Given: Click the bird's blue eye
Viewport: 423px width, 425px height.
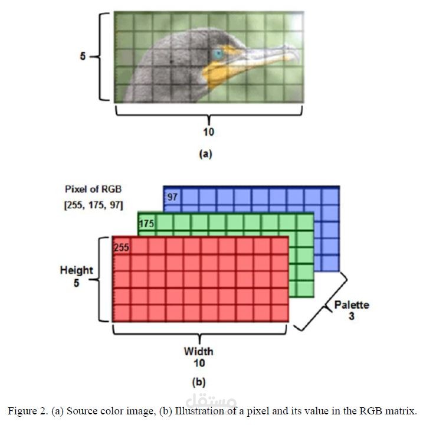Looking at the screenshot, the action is click(218, 54).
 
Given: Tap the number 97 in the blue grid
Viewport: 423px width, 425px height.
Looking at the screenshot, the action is click(172, 197).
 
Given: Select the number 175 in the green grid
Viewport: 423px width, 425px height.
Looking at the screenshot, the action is click(146, 224).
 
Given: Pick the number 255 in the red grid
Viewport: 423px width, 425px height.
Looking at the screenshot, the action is click(122, 247).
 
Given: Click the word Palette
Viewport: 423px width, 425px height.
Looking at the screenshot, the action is click(352, 305).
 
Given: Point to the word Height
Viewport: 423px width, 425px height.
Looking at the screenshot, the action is click(77, 270).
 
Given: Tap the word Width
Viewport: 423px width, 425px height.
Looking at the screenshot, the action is click(199, 351).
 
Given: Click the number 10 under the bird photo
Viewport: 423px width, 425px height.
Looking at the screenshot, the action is click(209, 132).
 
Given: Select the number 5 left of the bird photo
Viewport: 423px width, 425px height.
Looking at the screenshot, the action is click(83, 56).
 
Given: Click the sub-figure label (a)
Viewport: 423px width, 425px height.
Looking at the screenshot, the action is click(205, 154).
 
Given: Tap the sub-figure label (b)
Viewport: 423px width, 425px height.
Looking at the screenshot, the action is click(199, 382).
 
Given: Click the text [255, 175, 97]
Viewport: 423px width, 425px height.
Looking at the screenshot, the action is click(93, 205).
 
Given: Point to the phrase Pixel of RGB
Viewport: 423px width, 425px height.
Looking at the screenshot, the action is click(93, 189).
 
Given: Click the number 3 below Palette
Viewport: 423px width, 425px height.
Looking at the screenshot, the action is click(352, 316).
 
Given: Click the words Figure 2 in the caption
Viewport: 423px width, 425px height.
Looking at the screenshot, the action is click(27, 411).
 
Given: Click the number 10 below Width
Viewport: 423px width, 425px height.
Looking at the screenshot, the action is click(199, 363).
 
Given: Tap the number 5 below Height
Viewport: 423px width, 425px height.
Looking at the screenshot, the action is click(77, 283).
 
